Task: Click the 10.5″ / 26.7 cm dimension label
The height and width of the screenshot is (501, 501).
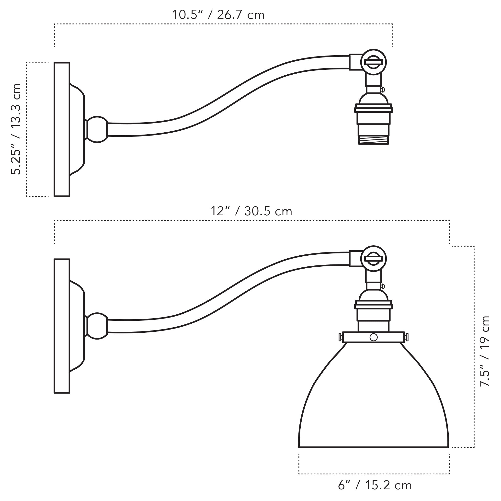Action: pyautogui.click(x=218, y=15)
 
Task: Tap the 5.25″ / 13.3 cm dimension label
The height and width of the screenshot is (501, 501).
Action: pyautogui.click(x=16, y=129)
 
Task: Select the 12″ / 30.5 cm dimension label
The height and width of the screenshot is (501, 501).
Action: pyautogui.click(x=251, y=211)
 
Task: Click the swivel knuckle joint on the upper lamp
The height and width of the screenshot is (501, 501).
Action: pyautogui.click(x=373, y=62)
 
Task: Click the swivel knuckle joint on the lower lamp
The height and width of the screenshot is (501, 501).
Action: pyautogui.click(x=373, y=259)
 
